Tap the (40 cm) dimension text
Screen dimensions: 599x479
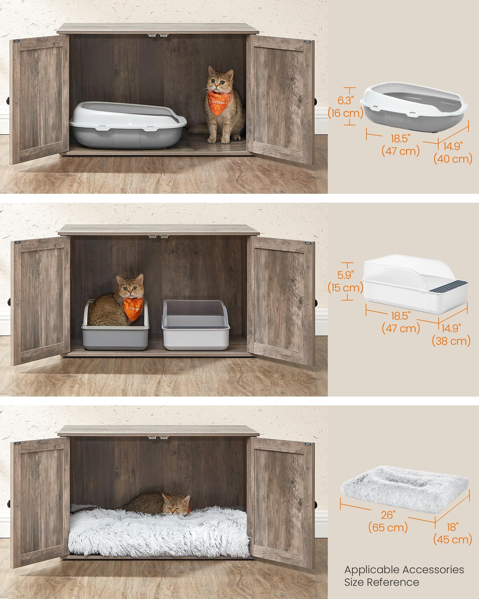453,158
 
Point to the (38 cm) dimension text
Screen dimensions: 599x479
451,341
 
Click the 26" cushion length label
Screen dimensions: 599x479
388,515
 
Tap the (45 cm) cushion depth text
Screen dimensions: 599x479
453,539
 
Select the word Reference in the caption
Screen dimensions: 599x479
393,582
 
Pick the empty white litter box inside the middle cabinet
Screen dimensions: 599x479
195,325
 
